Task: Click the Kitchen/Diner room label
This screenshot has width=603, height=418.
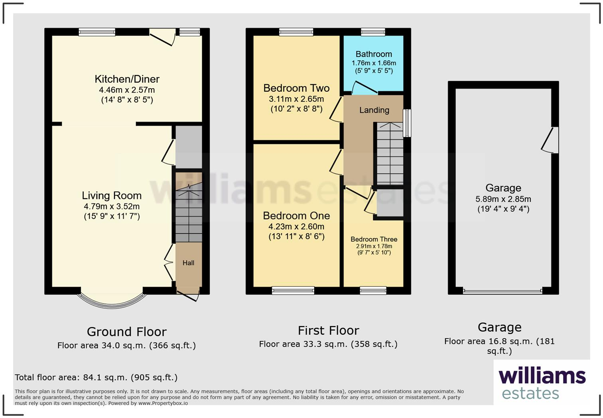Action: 127,79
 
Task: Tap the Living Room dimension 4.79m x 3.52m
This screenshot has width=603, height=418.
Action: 112,207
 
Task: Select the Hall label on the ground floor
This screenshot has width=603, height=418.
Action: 188,263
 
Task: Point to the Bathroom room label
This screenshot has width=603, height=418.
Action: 374,54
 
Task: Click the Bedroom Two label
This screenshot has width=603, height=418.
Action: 296,88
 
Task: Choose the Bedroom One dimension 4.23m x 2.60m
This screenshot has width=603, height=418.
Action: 296,227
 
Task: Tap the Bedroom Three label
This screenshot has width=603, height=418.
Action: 374,239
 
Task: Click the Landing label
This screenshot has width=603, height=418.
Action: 374,110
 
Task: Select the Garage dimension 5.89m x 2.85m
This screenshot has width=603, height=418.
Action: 503,199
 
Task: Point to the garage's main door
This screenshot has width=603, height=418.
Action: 503,292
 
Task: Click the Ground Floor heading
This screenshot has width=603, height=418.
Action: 126,332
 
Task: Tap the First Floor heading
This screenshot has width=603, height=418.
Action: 328,331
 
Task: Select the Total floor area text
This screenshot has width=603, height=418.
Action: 96,377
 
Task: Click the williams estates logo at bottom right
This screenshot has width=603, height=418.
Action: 542,383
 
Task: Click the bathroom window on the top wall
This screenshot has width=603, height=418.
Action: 373,32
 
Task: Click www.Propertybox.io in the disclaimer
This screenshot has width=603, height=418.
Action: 163,403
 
